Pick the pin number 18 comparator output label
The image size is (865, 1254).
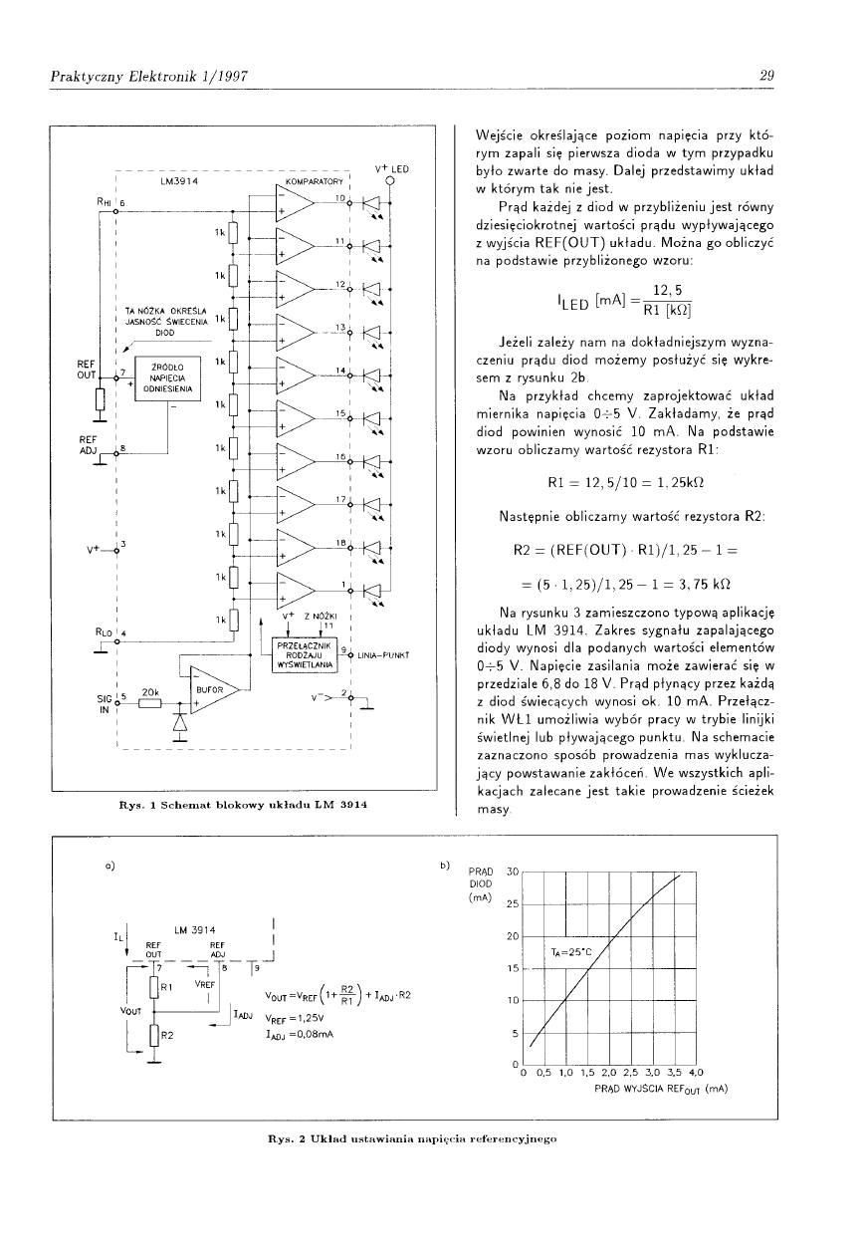[x=340, y=543]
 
